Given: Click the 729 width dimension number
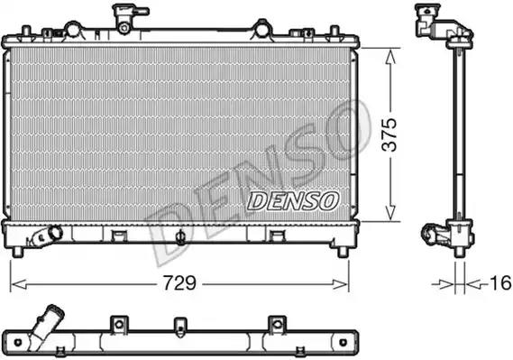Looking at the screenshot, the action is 179,282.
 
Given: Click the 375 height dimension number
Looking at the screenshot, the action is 389,134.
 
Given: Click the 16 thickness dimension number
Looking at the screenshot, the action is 500,283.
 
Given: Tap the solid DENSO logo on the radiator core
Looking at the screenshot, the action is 293,201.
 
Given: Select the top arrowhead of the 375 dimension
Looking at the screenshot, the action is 390,56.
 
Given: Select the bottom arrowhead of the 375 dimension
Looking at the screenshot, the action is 390,213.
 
